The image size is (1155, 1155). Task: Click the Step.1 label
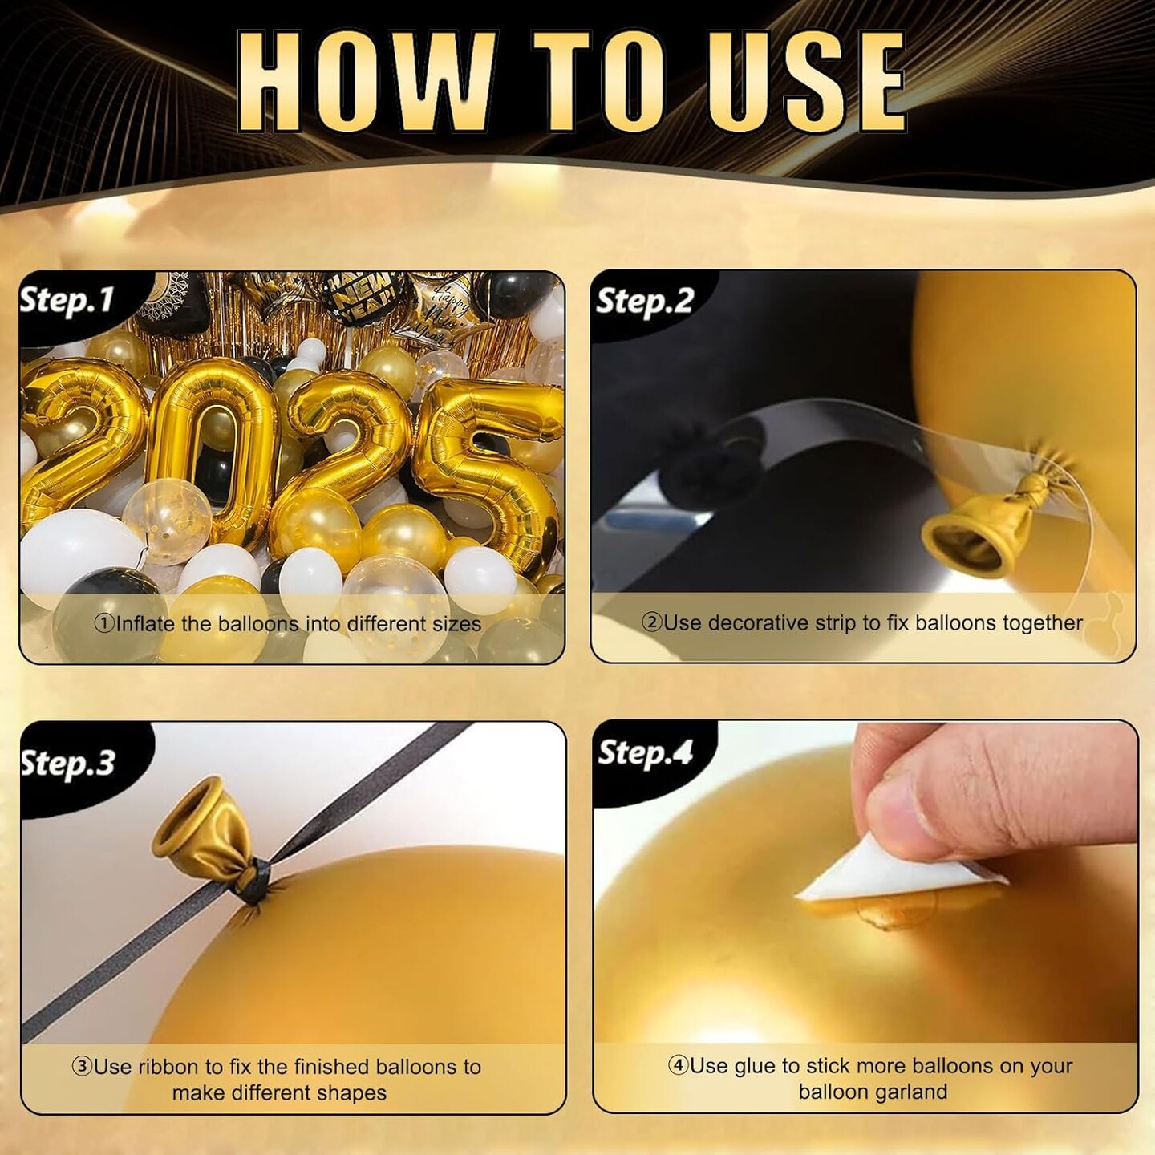(x=67, y=300)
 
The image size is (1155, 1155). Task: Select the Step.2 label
(x=645, y=301)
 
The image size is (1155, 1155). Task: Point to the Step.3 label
(x=67, y=763)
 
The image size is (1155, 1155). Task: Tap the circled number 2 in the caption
(x=651, y=622)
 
